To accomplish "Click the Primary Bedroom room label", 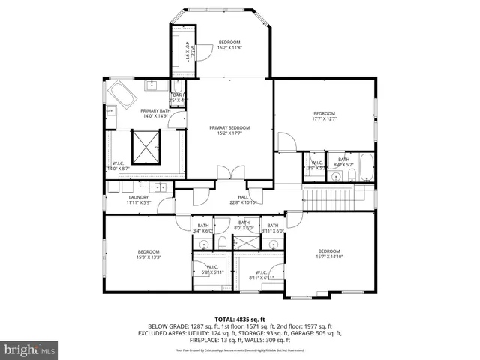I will pyautogui.click(x=229, y=130).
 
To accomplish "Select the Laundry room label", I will pyautogui.click(x=139, y=200).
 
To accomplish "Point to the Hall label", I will pyautogui.click(x=243, y=200).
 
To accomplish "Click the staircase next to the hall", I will pyautogui.click(x=337, y=200).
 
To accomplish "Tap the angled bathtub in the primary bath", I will pyautogui.click(x=123, y=96).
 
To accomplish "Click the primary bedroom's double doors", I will pyautogui.click(x=230, y=174).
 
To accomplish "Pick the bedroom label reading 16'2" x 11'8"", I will pyautogui.click(x=229, y=44).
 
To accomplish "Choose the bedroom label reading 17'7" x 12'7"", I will pyautogui.click(x=324, y=115).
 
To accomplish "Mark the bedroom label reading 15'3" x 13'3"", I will pyautogui.click(x=148, y=253).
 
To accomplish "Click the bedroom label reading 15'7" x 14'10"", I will pyautogui.click(x=330, y=253).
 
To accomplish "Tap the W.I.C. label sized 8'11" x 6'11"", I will pyautogui.click(x=261, y=275).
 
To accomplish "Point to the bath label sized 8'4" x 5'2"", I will pyautogui.click(x=343, y=161).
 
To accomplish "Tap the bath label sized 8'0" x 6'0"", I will pyautogui.click(x=244, y=226).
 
